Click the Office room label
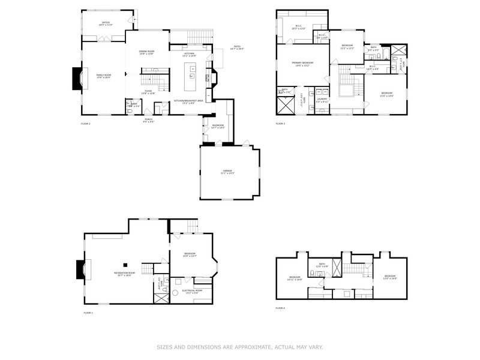coord(106,23)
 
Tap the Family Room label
coord(103,76)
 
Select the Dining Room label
coord(147,52)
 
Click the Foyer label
coord(148,91)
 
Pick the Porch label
coord(148,119)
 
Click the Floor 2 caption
coord(85,124)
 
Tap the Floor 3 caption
coord(280,124)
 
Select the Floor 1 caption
coord(88,313)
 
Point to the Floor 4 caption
coord(280,308)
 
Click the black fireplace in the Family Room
coord(77,78)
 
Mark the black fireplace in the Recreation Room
coord(79,269)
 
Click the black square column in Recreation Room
coord(125,264)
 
